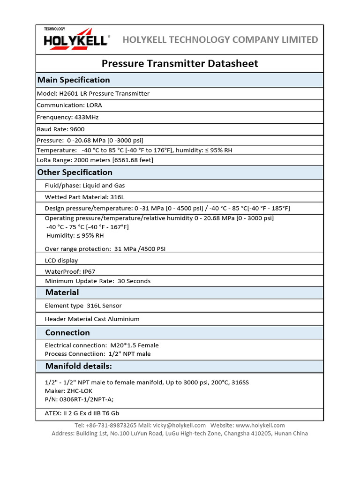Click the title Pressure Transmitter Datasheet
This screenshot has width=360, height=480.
180,63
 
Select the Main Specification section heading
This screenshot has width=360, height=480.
74,80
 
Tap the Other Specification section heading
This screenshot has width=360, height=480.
75,172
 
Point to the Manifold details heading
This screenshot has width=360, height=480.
78,366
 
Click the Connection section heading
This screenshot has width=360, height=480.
67,332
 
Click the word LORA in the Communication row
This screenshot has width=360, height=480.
94,105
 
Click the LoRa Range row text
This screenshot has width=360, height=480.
95,160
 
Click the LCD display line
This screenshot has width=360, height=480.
61,260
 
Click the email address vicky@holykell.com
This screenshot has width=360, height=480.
179,425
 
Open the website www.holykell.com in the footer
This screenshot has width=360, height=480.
260,425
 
